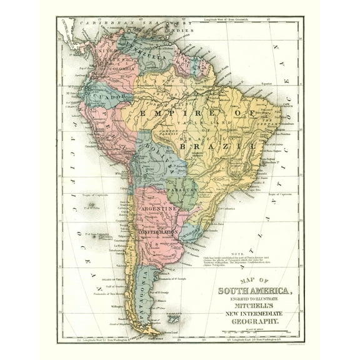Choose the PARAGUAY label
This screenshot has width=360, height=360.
click(182, 189)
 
